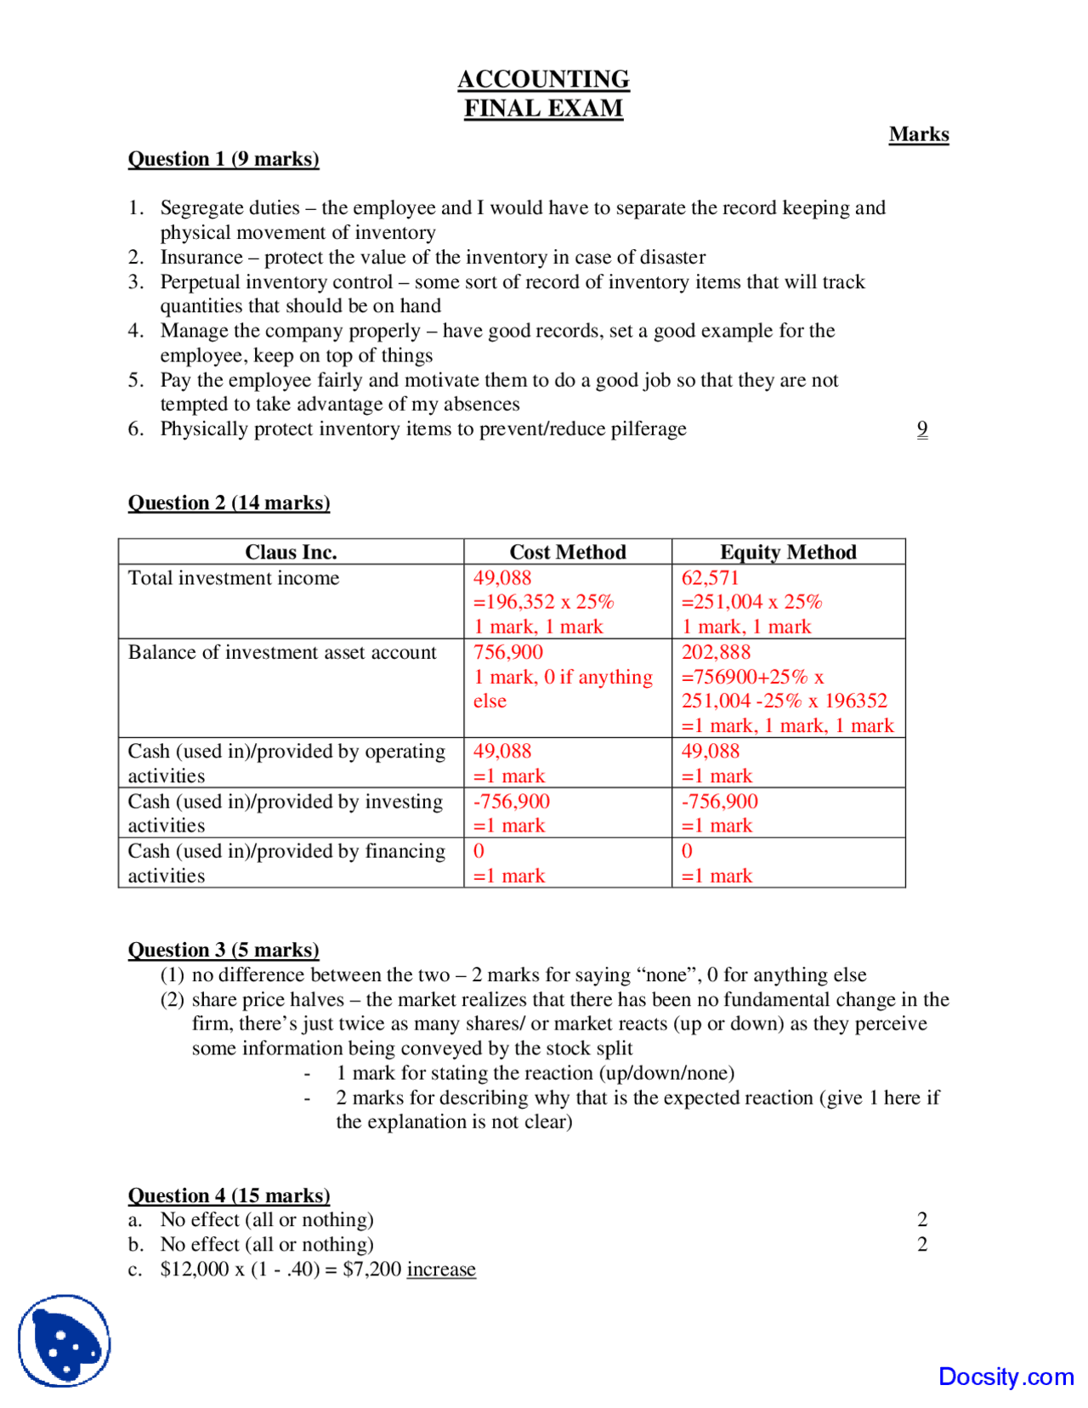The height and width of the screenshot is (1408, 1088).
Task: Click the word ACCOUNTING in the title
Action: coord(543,79)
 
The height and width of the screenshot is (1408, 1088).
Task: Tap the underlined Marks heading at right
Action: coord(918,134)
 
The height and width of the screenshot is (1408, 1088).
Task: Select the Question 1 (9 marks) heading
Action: coord(224,159)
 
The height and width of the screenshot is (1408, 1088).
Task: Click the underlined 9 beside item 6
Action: coord(922,429)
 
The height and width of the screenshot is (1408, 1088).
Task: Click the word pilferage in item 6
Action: coord(650,429)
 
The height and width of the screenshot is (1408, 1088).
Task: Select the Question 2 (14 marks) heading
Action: coord(229,502)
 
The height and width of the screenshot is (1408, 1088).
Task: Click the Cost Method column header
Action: coord(567,552)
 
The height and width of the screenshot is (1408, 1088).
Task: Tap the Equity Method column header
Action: coord(788,552)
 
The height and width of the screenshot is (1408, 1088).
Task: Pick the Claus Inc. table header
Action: coord(291,552)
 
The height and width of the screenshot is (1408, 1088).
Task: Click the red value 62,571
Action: coord(710,577)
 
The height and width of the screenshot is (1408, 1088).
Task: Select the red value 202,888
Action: coord(716,652)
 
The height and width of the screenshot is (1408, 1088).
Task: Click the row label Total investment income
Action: coord(234,578)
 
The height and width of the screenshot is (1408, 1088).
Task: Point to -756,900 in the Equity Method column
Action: coord(719,801)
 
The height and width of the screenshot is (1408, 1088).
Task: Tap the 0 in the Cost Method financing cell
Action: coord(479,851)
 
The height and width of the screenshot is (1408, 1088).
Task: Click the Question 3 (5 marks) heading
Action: coord(224,950)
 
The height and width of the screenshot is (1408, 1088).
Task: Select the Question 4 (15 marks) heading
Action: coord(229,1195)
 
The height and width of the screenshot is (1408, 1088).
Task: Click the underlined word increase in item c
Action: coord(441,1269)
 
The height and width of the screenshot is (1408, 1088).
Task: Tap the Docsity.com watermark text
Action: coord(1006,1376)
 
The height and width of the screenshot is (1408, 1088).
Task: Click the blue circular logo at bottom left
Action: coord(65,1341)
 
